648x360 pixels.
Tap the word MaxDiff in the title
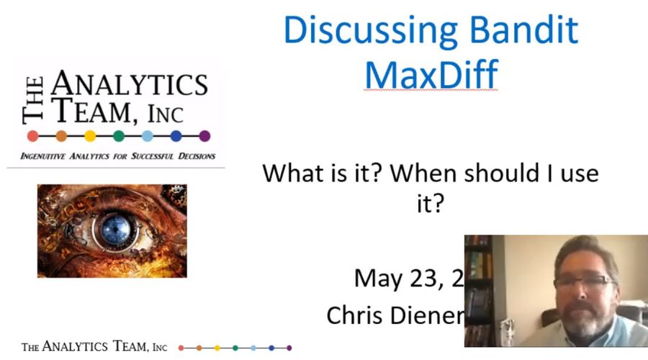431,74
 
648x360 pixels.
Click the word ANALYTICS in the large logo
130,86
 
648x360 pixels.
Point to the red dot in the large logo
32,135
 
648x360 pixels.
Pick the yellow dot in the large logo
90,135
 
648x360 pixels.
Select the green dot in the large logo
119,135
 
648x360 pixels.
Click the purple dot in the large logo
204,135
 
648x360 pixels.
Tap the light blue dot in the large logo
148,135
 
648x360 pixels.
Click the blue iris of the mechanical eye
112,230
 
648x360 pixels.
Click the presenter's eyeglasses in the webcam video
582,282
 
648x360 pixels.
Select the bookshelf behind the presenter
478,288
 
